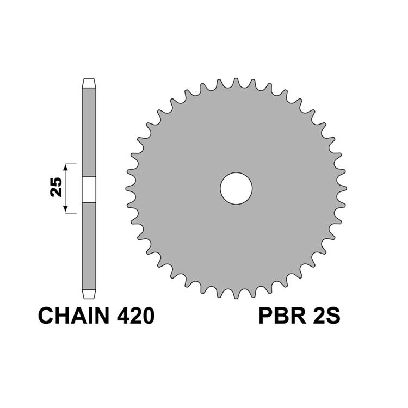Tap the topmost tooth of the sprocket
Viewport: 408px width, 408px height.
coord(236,82)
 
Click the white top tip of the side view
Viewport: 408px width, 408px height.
coord(89,83)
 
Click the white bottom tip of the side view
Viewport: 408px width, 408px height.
coord(89,293)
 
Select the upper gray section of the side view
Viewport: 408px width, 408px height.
coord(89,131)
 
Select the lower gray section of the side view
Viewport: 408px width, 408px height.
coord(89,245)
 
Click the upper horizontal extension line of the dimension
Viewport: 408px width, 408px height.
coord(72,163)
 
